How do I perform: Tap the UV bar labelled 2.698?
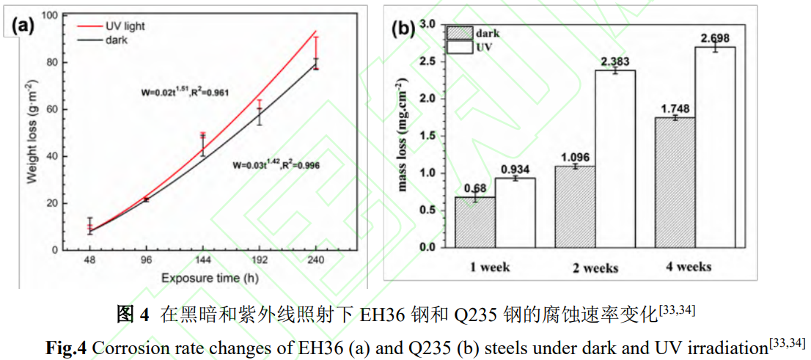(x=715, y=147)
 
